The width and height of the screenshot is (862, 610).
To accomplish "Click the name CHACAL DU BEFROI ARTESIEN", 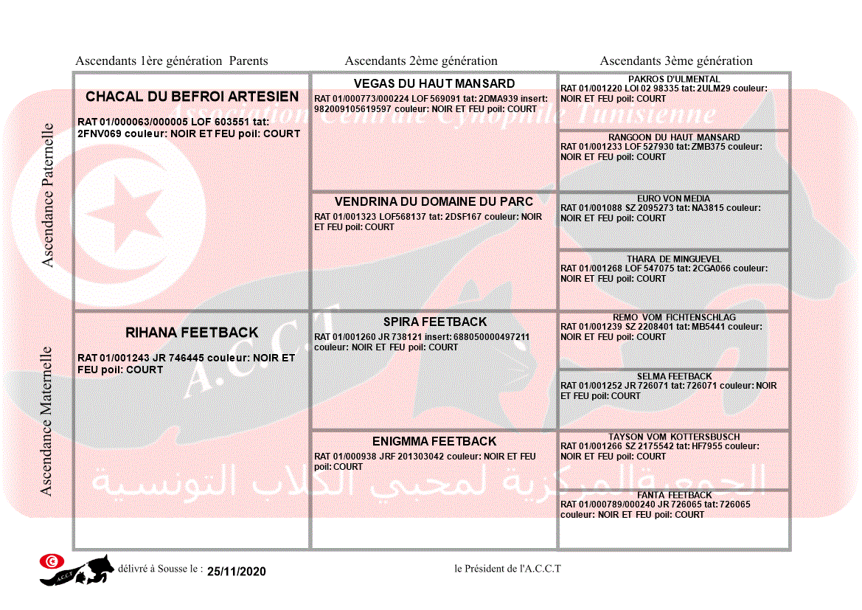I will click(192, 97).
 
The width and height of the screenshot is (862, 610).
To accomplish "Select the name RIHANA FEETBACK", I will click(192, 333).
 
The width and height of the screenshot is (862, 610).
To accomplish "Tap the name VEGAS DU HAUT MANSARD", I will click(434, 83).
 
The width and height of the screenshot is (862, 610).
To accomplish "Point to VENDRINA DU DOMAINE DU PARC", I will click(434, 201).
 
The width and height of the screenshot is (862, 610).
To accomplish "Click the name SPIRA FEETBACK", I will click(435, 322).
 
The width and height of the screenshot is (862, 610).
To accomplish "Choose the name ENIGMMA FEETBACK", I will click(434, 441).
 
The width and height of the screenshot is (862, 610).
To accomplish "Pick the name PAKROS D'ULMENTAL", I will click(674, 79).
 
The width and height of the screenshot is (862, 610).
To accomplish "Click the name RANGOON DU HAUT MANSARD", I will click(674, 137).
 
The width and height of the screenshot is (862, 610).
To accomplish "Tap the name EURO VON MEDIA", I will click(674, 198).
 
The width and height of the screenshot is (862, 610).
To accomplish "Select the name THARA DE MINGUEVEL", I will click(674, 259).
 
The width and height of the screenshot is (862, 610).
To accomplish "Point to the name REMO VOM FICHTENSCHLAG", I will click(674, 317).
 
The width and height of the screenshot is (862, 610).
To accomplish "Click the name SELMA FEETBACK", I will click(674, 376).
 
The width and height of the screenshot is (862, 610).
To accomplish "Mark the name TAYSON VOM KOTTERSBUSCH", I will click(674, 437).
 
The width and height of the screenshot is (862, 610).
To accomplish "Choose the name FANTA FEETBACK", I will click(674, 495).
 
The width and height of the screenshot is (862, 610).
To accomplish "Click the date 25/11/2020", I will click(236, 572).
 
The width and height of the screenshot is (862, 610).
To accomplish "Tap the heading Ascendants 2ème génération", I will click(421, 61).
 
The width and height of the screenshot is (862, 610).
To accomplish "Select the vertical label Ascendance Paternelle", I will click(48, 195).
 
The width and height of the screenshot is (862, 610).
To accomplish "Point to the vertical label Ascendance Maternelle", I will click(46, 420).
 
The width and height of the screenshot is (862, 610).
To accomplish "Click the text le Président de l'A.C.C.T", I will click(507, 569).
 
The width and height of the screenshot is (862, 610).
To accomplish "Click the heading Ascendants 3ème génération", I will click(676, 61).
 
